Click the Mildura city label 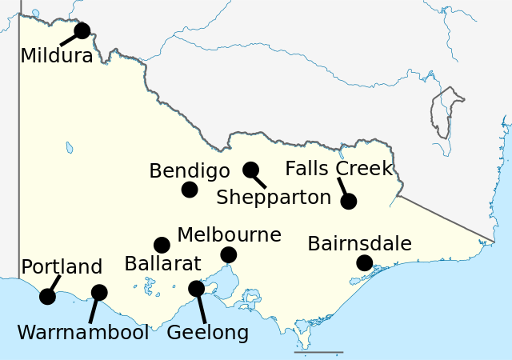[56, 56]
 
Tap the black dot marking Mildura [82, 31]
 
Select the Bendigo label [190, 170]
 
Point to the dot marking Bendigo [190, 190]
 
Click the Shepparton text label [274, 198]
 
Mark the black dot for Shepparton [250, 170]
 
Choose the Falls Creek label [339, 169]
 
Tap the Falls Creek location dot [348, 202]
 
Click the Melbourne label [229, 234]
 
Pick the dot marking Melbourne [228, 255]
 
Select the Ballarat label [162, 264]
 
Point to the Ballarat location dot [162, 245]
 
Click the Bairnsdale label [359, 243]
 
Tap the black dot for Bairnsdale [364, 262]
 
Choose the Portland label [62, 266]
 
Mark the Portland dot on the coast [47, 297]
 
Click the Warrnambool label [83, 332]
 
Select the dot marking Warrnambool [99, 293]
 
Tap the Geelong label [207, 332]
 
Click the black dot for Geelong [196, 289]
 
